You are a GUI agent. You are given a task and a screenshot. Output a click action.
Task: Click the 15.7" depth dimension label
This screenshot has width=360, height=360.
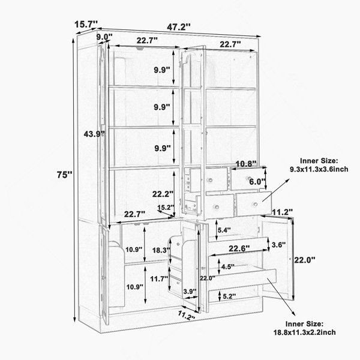(x=86, y=23)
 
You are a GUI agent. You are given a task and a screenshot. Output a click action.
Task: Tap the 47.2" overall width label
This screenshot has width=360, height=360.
(x=179, y=27)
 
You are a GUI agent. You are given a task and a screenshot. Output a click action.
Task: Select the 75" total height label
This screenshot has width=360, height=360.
(x=65, y=175)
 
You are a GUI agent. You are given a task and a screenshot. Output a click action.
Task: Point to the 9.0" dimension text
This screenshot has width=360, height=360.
(x=104, y=37)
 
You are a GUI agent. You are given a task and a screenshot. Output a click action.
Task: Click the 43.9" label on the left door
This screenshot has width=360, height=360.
(x=94, y=134)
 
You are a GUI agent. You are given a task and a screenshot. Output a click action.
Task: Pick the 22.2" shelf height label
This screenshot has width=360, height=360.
(x=163, y=194)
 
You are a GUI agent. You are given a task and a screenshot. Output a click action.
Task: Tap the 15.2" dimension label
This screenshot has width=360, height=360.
(x=166, y=208)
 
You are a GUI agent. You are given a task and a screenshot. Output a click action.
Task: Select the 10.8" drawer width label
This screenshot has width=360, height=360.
(x=246, y=164)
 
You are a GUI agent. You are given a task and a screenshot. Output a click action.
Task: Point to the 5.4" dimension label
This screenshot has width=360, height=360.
(x=224, y=230)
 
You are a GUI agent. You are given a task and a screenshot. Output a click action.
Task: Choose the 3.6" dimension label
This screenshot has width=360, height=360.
(x=278, y=245)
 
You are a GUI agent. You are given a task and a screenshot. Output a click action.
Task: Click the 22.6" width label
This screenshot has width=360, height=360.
(x=239, y=248)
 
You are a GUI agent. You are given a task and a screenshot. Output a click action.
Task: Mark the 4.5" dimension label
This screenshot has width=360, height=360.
(x=228, y=267)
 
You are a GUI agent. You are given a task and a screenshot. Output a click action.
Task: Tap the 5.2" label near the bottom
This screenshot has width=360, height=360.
(x=229, y=296)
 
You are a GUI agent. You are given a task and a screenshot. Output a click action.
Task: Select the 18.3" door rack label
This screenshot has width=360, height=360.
(x=161, y=250)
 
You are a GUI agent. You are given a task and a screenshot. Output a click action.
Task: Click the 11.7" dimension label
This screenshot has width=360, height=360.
(x=160, y=279)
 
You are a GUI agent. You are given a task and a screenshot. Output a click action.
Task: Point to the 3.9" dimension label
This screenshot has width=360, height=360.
(x=190, y=291)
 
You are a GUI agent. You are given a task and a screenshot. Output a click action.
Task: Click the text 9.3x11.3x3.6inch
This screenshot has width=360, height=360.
(x=319, y=169)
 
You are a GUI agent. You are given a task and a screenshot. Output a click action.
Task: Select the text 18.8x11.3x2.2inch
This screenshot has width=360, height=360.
(x=304, y=332)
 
